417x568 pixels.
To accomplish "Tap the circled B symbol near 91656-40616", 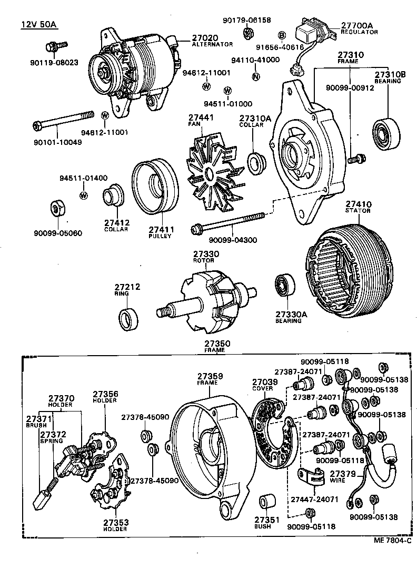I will [x=282, y=35].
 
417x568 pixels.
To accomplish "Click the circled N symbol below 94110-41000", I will [x=255, y=76].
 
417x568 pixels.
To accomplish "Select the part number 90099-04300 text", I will [x=233, y=240].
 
